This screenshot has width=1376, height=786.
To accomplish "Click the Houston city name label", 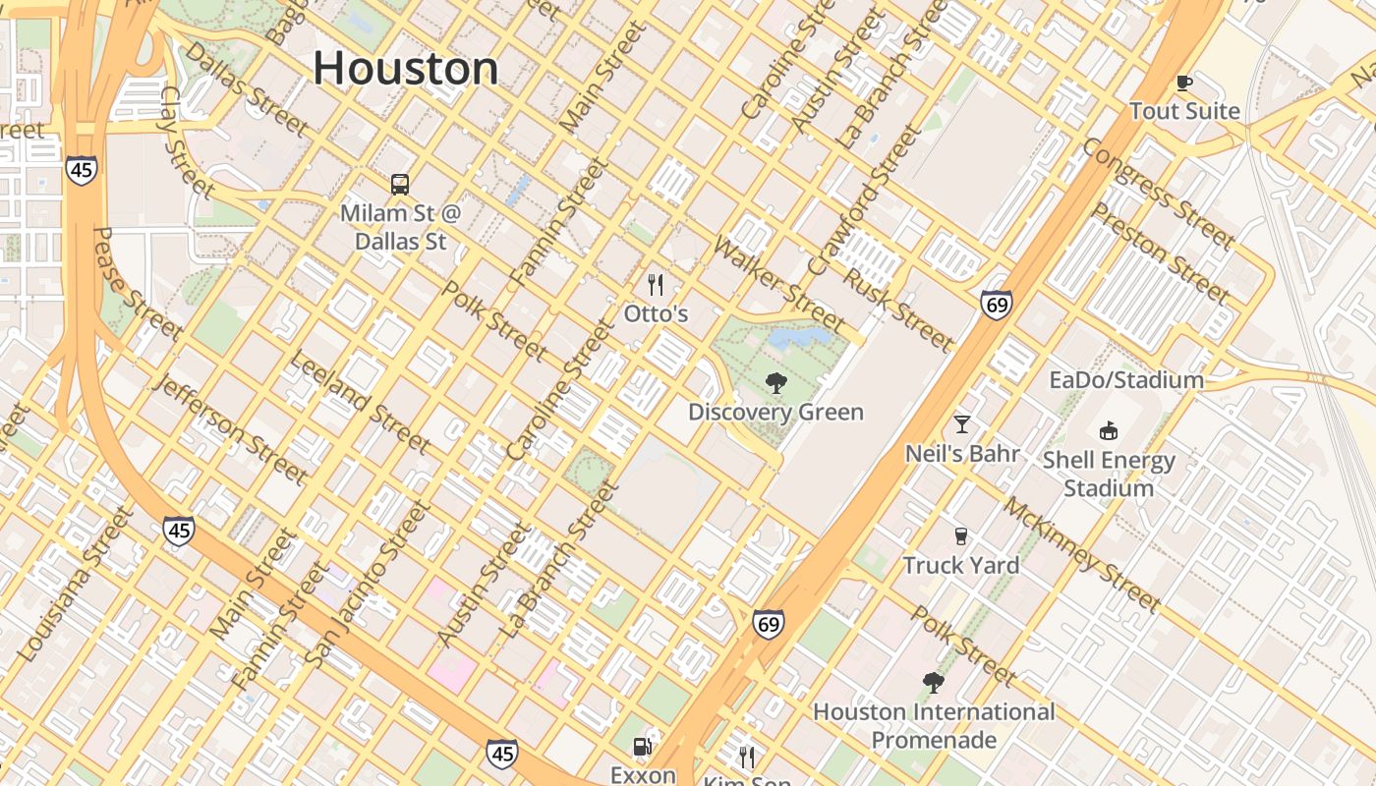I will click(406, 69).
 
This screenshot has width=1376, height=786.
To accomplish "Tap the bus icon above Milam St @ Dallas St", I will click(399, 184).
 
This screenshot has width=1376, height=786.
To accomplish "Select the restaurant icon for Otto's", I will click(656, 286).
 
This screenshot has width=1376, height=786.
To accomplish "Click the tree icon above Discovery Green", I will click(775, 383).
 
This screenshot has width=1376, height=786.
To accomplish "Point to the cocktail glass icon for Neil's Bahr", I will click(962, 424).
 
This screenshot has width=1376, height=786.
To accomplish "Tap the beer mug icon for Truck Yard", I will click(961, 536).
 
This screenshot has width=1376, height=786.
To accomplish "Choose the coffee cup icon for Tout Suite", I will click(1184, 83).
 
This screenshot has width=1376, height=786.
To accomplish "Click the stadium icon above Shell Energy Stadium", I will click(1109, 430).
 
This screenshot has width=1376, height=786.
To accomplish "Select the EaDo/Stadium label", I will click(1125, 380).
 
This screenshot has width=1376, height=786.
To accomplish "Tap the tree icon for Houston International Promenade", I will click(933, 682).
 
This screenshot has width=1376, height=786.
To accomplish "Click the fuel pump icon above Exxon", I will click(643, 747).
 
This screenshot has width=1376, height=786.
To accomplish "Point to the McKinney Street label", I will click(1082, 554).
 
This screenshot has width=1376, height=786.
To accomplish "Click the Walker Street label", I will click(779, 284).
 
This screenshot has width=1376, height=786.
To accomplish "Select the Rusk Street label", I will click(898, 310).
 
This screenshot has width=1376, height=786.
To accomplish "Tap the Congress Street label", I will click(1157, 194).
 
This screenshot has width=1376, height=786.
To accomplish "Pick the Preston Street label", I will click(1161, 253).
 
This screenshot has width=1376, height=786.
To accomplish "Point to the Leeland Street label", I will click(360, 402).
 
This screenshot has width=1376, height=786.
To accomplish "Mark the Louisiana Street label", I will click(75, 584).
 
